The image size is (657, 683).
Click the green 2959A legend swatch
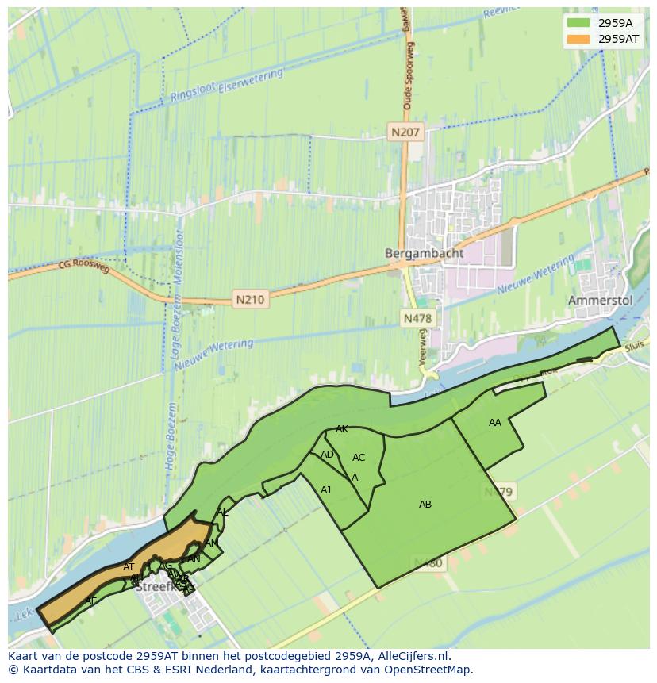point(579,22)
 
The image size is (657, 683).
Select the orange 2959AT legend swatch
point(579,39)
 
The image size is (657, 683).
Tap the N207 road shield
point(406,132)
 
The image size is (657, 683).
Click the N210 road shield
point(250,300)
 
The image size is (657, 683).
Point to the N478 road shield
point(417,319)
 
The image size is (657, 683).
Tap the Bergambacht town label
point(418,253)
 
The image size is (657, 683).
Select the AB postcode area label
point(425,504)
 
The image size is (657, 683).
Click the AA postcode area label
point(495,423)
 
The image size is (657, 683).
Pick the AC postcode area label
point(359,458)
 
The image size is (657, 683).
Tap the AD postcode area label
point(327,455)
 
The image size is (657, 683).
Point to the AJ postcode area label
point(325,490)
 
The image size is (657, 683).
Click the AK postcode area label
point(342,429)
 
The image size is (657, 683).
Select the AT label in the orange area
point(129,567)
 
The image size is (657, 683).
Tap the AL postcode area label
point(222,512)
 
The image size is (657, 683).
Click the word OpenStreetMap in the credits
point(430,670)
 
